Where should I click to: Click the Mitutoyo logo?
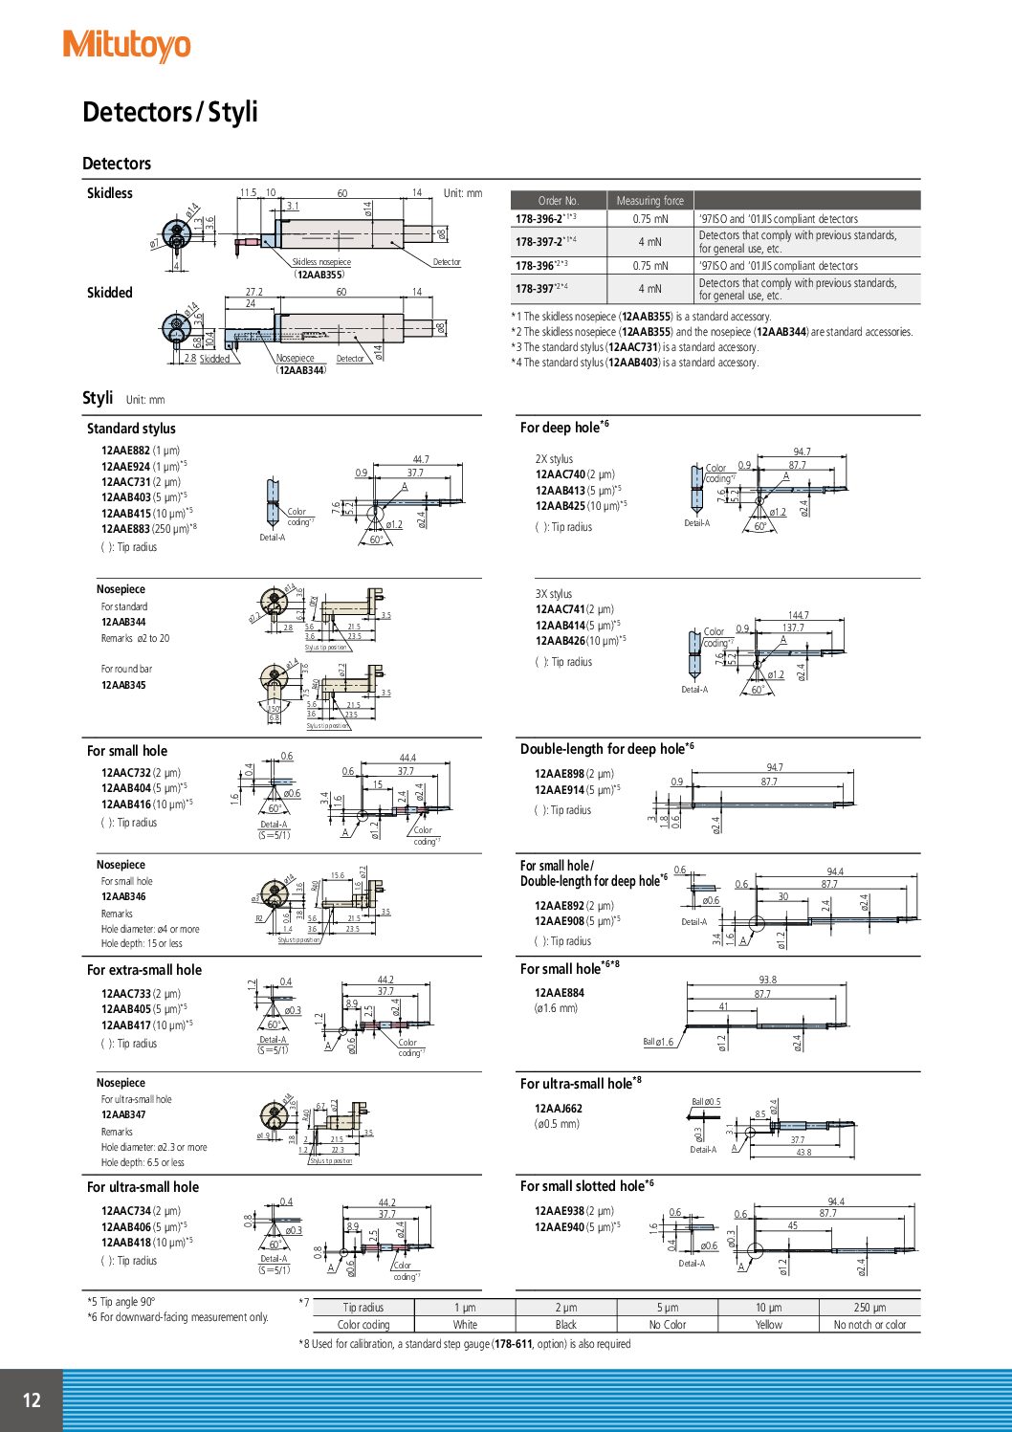tap(126, 45)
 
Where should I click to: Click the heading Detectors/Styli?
tap(170, 112)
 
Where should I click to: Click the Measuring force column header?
tap(649, 201)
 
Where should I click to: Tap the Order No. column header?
tap(559, 201)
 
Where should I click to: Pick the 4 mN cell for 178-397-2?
tap(649, 242)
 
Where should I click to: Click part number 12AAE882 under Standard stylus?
tap(125, 451)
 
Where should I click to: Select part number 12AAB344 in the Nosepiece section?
tap(123, 623)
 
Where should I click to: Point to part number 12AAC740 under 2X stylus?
tap(560, 474)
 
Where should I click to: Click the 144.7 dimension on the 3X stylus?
tap(798, 615)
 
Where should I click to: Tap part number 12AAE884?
tap(559, 993)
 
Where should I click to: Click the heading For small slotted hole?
tap(583, 1186)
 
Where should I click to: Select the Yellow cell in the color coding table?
tap(768, 1325)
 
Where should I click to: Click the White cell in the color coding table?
tap(465, 1325)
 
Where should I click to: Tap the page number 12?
tap(32, 1400)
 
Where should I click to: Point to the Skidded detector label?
tap(110, 293)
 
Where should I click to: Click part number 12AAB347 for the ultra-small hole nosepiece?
tap(123, 1114)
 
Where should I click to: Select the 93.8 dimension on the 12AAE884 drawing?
tap(767, 980)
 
